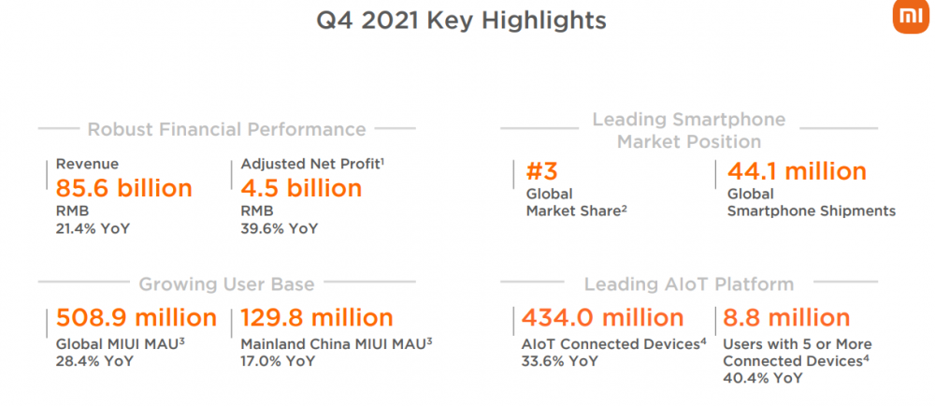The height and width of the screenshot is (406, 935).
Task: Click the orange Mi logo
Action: pos(911,18)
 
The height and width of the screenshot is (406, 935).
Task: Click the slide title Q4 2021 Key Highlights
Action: pos(461,21)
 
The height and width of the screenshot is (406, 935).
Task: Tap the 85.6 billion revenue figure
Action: pos(124,188)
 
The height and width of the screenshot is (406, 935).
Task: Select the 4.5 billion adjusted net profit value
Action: pos(301,188)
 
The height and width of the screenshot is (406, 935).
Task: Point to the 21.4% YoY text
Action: pos(93,229)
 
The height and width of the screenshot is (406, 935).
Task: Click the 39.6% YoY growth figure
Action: pos(279,229)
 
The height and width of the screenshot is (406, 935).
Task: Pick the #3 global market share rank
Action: pos(541,172)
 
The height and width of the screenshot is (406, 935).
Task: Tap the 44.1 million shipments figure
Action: pos(797,172)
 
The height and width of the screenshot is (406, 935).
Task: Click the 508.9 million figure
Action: pos(137,318)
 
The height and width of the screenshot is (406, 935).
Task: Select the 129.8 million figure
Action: pos(317,318)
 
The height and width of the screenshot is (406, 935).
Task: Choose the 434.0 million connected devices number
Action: pos(603,318)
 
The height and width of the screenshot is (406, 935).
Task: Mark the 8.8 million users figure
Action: pos(786,318)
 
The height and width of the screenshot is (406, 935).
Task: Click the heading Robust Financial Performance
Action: pos(226,129)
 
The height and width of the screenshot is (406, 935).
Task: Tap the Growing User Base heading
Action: pos(226,283)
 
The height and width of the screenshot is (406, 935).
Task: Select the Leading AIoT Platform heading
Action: pos(689,283)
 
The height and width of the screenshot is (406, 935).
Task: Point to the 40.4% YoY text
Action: pos(762,378)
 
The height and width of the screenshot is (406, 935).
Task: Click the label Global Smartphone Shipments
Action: pos(811,202)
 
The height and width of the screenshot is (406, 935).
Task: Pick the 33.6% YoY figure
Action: pos(560,361)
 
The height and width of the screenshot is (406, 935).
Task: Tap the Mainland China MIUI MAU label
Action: pos(337,344)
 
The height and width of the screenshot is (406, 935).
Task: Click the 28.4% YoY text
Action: pos(94,361)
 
